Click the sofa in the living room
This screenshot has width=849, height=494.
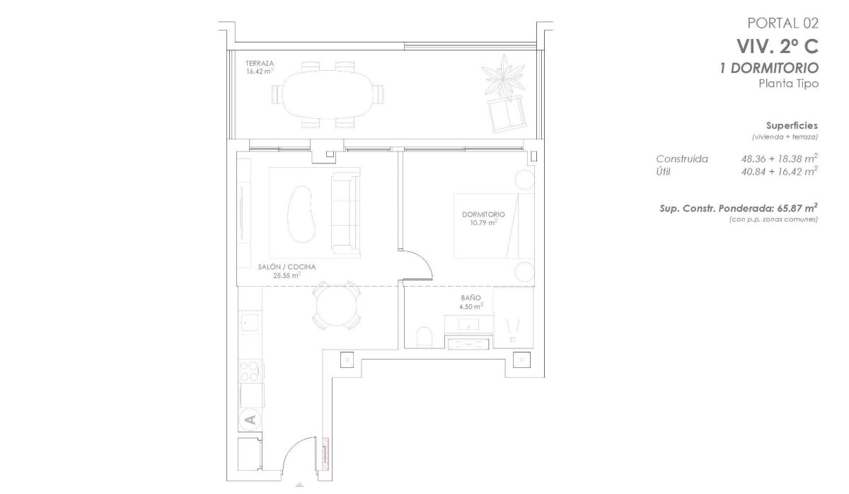(x=345, y=212)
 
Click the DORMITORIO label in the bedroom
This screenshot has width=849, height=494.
(x=483, y=214)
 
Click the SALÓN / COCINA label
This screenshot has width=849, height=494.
(x=287, y=267)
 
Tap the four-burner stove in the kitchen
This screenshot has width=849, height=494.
(x=250, y=370)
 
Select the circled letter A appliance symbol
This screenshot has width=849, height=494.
(x=249, y=420)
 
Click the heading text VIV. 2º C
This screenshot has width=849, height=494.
(x=778, y=47)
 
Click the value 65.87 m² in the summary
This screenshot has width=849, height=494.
(x=797, y=209)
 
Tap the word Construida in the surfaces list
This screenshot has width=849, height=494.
(x=682, y=159)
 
